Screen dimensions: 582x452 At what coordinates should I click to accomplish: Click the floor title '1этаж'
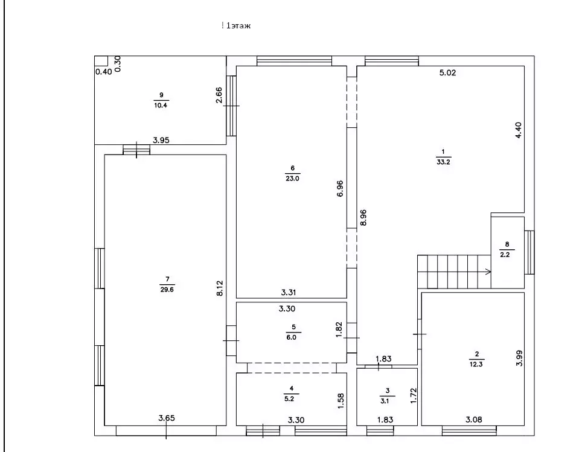pos(238,25)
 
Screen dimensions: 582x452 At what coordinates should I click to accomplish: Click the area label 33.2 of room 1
pos(444,162)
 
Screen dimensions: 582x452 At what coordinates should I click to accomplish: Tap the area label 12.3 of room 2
pos(476,364)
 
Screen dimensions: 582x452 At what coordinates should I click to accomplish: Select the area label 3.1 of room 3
pos(385,401)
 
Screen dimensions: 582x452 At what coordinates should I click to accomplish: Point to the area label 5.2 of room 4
pos(289,398)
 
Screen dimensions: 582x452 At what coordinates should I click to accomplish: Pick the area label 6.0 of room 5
pos(292,337)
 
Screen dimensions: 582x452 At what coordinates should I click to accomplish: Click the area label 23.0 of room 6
pos(292,178)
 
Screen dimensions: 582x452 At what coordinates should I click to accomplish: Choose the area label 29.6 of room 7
pos(167,290)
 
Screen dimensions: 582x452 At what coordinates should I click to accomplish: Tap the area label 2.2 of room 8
pos(505,255)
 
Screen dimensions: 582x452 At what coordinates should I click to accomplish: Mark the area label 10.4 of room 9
pos(161,105)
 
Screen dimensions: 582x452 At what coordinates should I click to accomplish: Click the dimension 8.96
pos(363,217)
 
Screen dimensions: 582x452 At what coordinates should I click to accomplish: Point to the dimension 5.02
pos(447,73)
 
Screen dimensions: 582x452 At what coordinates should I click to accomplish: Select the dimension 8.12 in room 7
pos(220,288)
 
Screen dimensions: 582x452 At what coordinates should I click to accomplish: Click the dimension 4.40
pos(519,130)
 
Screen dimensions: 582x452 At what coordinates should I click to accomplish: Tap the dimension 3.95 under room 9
pos(161,140)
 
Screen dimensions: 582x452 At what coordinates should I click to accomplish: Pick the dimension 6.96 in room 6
pos(341,188)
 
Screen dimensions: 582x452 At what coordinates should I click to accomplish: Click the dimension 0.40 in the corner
pos(104,72)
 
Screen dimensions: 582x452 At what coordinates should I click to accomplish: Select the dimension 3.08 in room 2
pos(474,420)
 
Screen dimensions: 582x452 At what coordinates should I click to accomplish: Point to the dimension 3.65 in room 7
pos(167,418)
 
